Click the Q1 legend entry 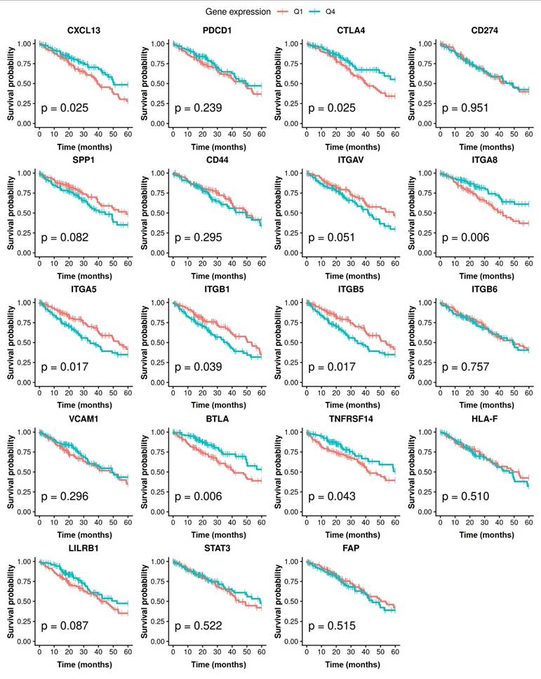[x=290, y=12]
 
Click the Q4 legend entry [x=322, y=12]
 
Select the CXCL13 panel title [x=84, y=30]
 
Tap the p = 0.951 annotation [x=465, y=108]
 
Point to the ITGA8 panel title [x=484, y=160]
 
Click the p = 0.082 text [x=65, y=237]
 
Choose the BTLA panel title [x=217, y=419]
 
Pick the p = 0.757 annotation [x=465, y=367]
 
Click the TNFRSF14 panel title [x=351, y=419]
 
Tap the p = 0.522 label [x=199, y=626]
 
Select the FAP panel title [x=351, y=549]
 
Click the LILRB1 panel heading [x=84, y=549]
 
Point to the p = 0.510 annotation [x=465, y=496]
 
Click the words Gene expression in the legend [x=238, y=12]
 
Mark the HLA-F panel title [x=484, y=419]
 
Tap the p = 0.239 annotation [x=199, y=108]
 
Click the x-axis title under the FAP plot [x=352, y=664]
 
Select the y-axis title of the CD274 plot [x=411, y=83]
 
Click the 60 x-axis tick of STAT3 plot [x=262, y=652]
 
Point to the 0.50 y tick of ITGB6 [x=425, y=342]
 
